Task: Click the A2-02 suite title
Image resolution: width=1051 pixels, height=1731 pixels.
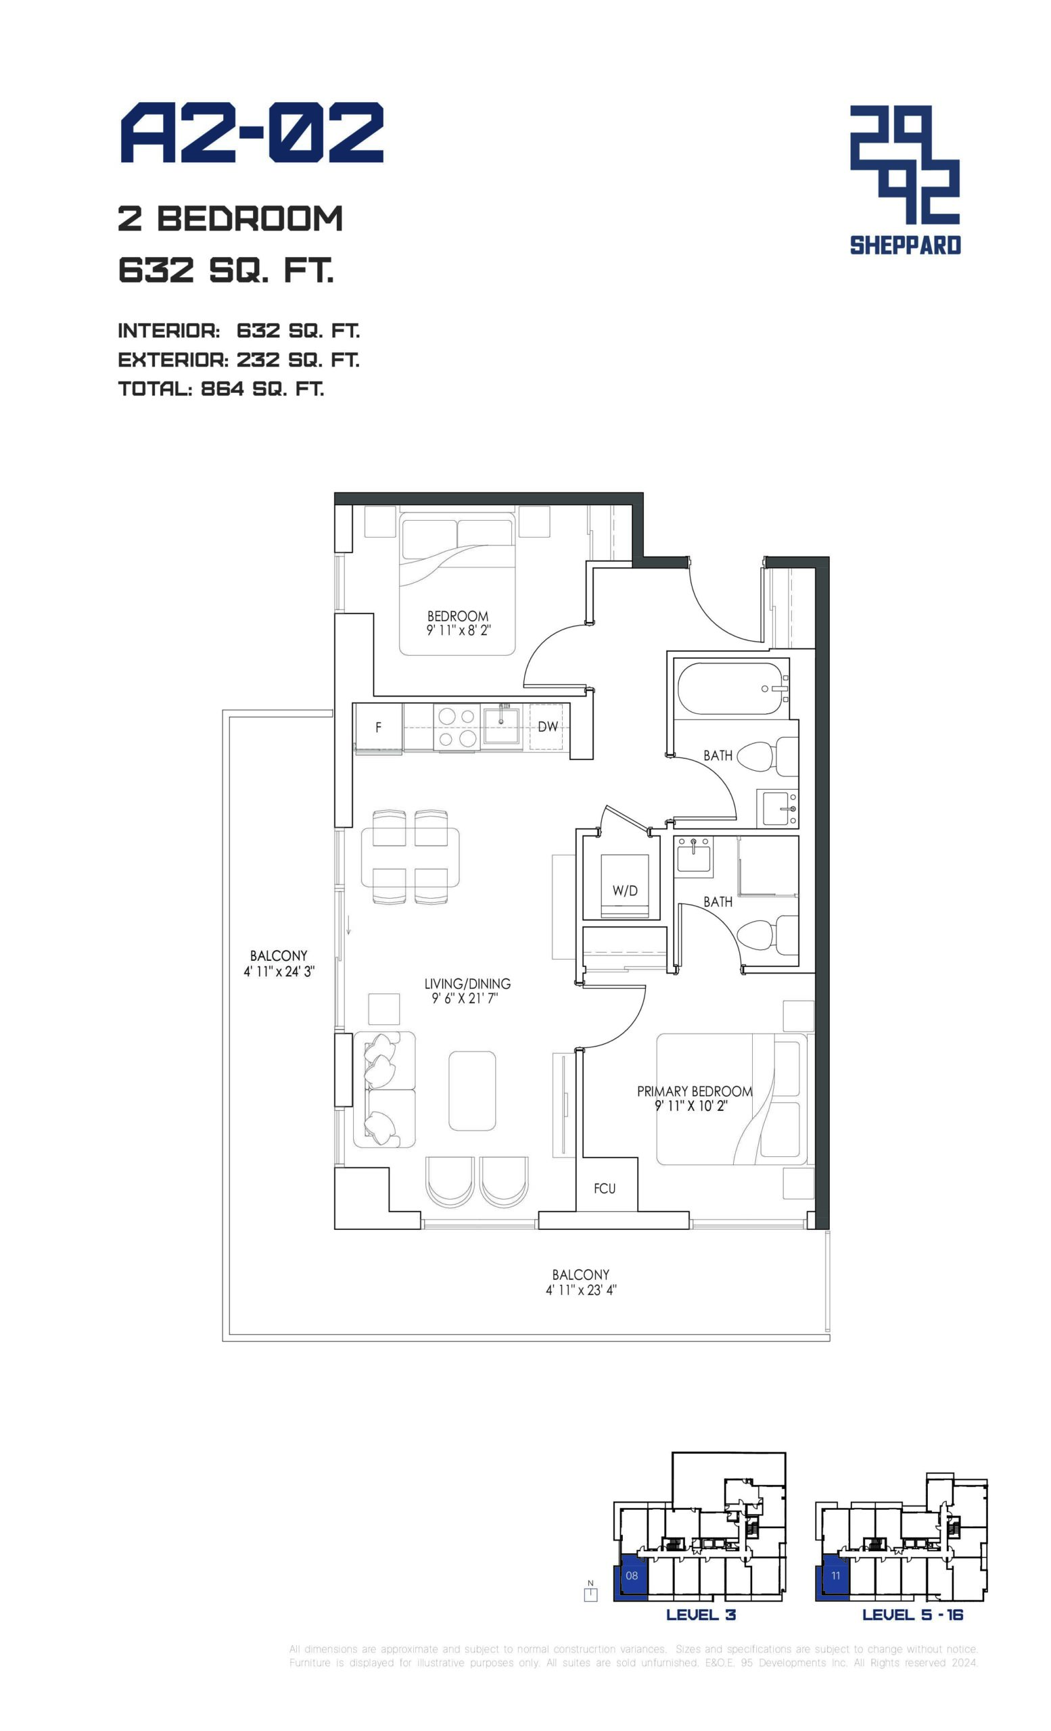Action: click(x=252, y=133)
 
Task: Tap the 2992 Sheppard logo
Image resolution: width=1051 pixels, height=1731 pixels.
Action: click(x=905, y=180)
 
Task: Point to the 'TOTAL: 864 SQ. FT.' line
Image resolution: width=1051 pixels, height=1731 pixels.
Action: click(x=221, y=389)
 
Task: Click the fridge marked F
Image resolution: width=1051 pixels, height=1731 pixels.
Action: click(x=378, y=727)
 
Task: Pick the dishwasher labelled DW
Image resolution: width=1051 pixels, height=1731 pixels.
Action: click(x=547, y=726)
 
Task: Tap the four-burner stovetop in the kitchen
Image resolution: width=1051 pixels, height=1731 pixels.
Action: click(x=457, y=727)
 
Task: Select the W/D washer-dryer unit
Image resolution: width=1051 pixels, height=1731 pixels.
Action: click(x=624, y=886)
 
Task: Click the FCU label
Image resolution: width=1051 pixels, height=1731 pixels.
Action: click(x=604, y=1189)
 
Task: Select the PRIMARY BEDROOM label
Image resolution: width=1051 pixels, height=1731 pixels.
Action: click(x=694, y=1091)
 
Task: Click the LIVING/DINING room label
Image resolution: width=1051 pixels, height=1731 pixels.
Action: click(x=467, y=984)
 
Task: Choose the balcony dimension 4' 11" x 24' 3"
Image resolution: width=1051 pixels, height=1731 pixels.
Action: click(x=279, y=972)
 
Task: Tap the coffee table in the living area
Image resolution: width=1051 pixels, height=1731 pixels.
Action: click(x=472, y=1090)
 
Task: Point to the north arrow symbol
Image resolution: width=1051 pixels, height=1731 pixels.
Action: click(x=590, y=1592)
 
